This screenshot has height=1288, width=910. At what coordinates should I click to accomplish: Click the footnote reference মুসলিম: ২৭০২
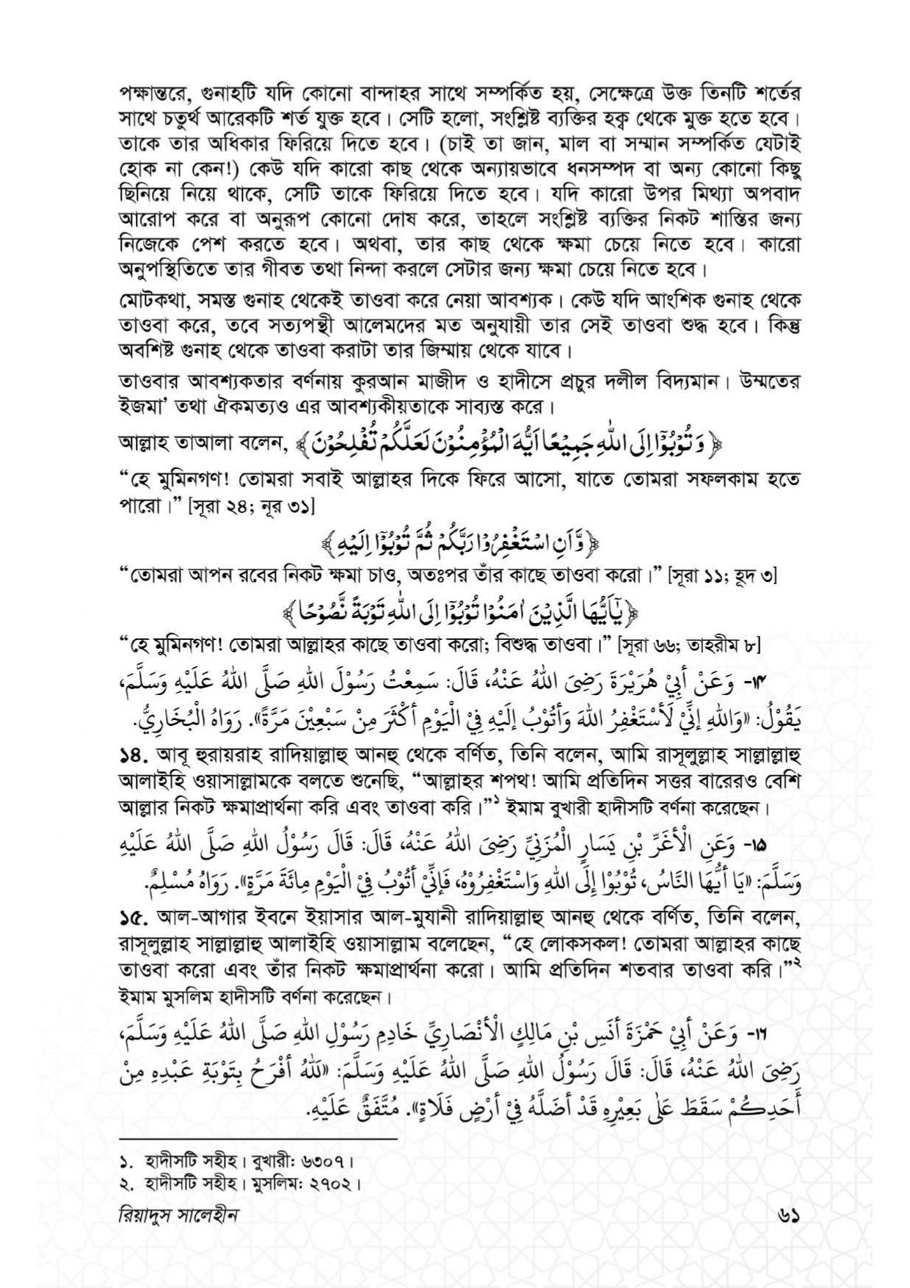point(308,1184)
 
